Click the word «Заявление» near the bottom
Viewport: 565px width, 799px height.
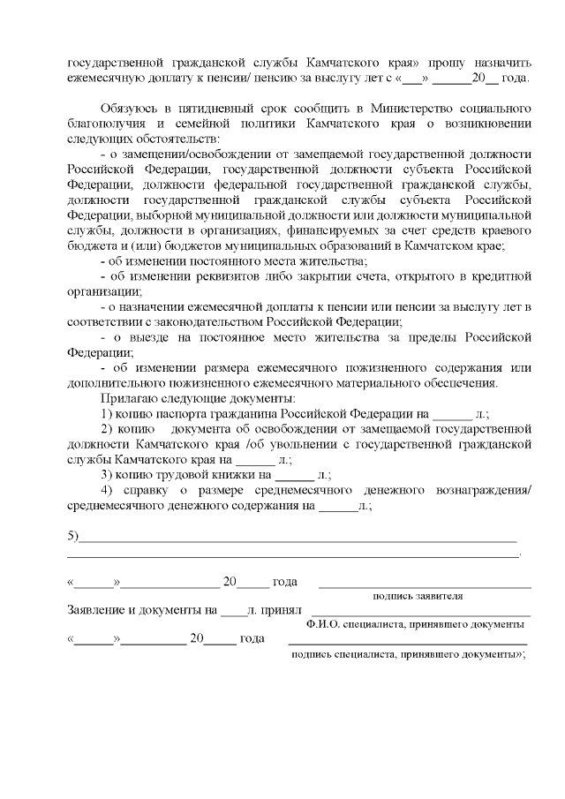pos(96,610)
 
